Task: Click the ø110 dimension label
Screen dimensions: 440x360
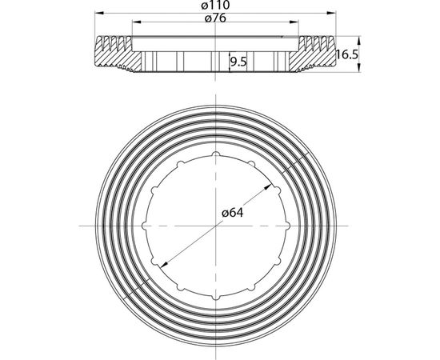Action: (215, 5)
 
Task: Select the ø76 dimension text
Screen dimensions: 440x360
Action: (215, 18)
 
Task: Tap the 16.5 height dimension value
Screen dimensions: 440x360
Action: (347, 54)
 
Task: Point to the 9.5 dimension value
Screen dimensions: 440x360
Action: (238, 62)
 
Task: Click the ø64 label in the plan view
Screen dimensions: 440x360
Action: (233, 214)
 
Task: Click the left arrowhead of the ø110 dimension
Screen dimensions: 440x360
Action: (99, 13)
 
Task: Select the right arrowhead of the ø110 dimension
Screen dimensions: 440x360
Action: (331, 13)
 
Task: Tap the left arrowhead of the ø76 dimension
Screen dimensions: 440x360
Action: (137, 22)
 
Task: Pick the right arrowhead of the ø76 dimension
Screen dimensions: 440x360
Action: (294, 22)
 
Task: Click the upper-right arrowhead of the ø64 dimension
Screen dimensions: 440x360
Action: (268, 187)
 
